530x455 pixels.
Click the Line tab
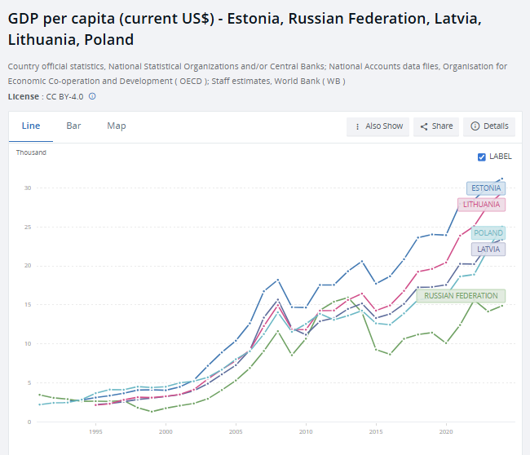[30, 126]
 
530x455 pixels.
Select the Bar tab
[73, 126]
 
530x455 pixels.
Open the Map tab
[117, 126]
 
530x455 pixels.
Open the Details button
[489, 126]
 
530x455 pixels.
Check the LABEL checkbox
[482, 157]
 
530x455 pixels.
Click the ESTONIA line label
[486, 188]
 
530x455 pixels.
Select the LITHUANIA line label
[481, 205]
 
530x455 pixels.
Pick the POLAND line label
[488, 233]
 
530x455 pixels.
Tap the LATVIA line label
[488, 249]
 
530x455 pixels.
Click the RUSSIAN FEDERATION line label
[461, 296]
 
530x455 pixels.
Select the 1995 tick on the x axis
[95, 431]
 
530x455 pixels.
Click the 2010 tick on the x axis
[306, 431]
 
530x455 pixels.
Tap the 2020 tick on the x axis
[446, 431]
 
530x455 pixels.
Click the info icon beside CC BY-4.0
[92, 96]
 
